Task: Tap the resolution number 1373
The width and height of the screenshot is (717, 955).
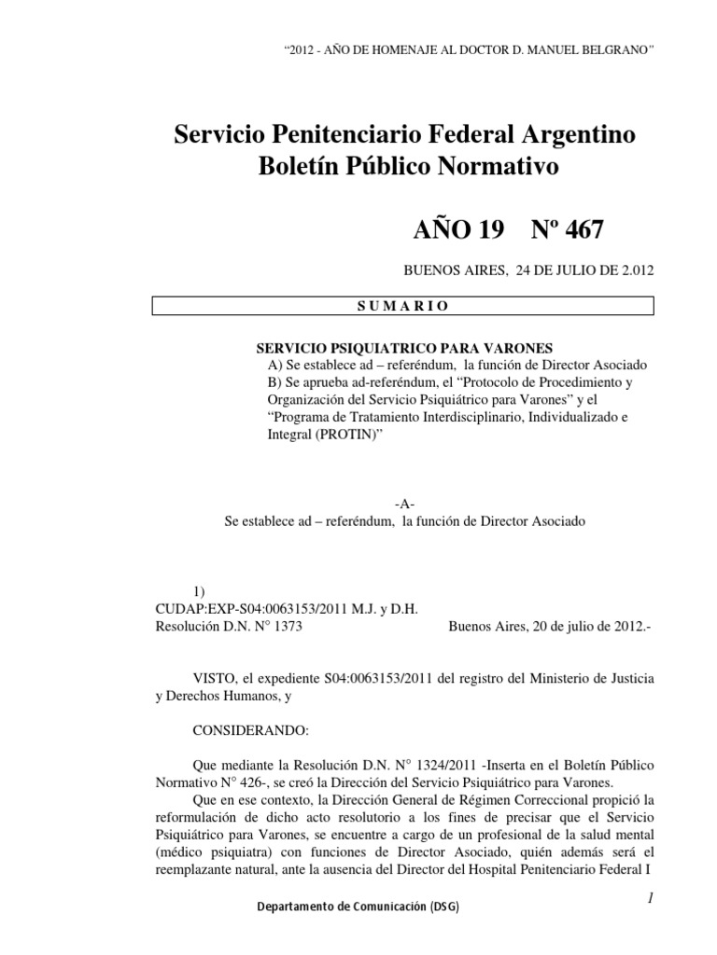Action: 286,628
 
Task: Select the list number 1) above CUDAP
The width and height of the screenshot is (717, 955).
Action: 198,591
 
